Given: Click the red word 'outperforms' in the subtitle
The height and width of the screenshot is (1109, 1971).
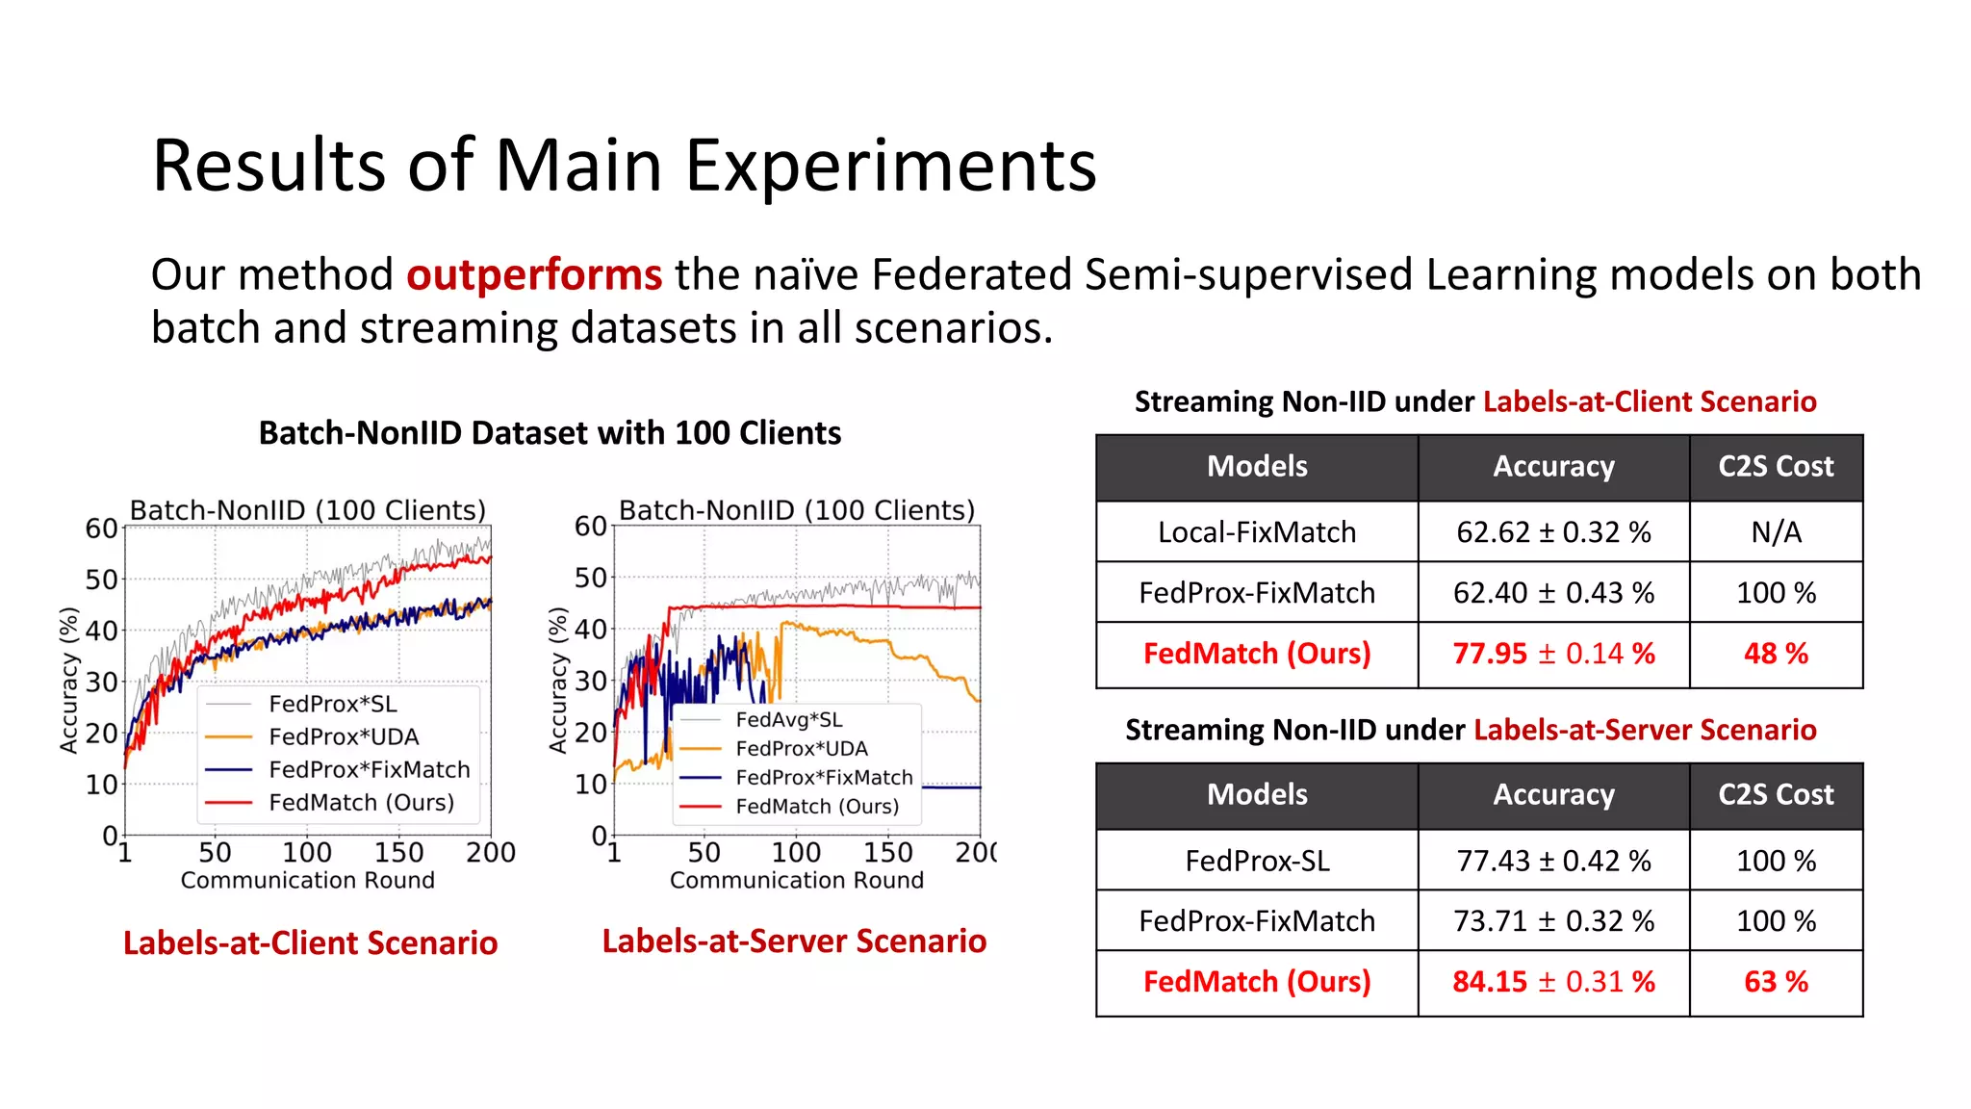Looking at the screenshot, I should (x=534, y=275).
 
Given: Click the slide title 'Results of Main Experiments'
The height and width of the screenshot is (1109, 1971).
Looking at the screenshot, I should (x=624, y=166).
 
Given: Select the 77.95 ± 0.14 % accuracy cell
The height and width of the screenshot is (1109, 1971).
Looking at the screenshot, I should (x=1553, y=654).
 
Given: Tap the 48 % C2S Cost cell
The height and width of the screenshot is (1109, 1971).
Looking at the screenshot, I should (x=1776, y=654).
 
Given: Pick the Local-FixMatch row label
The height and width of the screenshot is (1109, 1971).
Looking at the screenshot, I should (x=1257, y=532).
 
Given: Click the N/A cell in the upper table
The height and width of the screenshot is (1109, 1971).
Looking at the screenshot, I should (x=1776, y=532).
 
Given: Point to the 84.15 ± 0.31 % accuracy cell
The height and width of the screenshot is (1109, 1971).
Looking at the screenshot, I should (x=1553, y=982).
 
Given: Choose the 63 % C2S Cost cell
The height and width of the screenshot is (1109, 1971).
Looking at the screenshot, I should (x=1776, y=982).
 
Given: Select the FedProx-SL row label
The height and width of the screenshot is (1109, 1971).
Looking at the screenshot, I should (x=1257, y=861).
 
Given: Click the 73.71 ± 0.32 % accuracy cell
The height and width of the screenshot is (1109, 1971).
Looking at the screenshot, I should (x=1553, y=921).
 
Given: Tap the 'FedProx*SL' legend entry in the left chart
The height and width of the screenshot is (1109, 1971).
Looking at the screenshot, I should (x=332, y=704).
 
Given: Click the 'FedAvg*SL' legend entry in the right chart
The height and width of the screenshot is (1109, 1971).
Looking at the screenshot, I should (x=788, y=720).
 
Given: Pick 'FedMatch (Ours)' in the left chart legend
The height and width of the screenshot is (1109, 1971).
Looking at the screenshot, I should (x=361, y=803).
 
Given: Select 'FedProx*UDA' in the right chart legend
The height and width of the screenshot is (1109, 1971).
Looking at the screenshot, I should (x=801, y=749).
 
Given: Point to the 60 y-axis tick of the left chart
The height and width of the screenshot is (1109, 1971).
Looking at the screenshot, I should (x=101, y=529).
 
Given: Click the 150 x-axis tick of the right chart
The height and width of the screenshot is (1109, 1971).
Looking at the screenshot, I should (x=887, y=853).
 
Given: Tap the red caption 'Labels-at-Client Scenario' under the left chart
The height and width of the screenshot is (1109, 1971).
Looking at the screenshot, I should (x=310, y=943).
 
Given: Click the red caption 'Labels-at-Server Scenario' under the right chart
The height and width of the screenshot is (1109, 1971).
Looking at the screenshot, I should (x=794, y=941).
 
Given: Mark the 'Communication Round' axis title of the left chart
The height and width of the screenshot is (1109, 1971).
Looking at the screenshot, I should (x=307, y=881).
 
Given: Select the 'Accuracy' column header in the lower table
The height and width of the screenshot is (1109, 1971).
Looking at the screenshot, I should (x=1553, y=795).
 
